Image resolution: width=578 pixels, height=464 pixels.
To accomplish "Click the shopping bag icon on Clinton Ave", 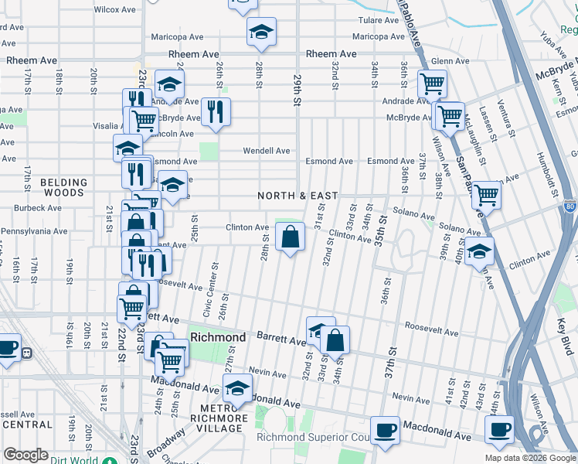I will click(290, 237).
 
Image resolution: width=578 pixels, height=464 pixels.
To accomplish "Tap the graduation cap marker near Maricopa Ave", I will click(261, 32).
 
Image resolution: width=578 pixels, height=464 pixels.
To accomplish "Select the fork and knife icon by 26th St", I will click(215, 111).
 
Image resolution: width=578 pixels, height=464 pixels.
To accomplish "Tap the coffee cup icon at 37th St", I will click(384, 430).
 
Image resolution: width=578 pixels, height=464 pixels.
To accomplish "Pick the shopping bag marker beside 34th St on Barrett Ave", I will click(335, 339).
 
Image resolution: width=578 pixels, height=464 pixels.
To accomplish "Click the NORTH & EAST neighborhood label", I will click(298, 196).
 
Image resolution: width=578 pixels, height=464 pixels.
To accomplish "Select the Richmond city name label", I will click(218, 337).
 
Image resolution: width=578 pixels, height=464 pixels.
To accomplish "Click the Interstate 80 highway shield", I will click(569, 206).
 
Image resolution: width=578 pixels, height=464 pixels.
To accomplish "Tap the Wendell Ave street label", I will click(267, 151).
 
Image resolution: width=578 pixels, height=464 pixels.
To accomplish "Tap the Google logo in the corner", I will click(25, 455).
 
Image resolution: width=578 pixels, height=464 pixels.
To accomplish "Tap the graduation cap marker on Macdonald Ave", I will click(237, 388).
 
